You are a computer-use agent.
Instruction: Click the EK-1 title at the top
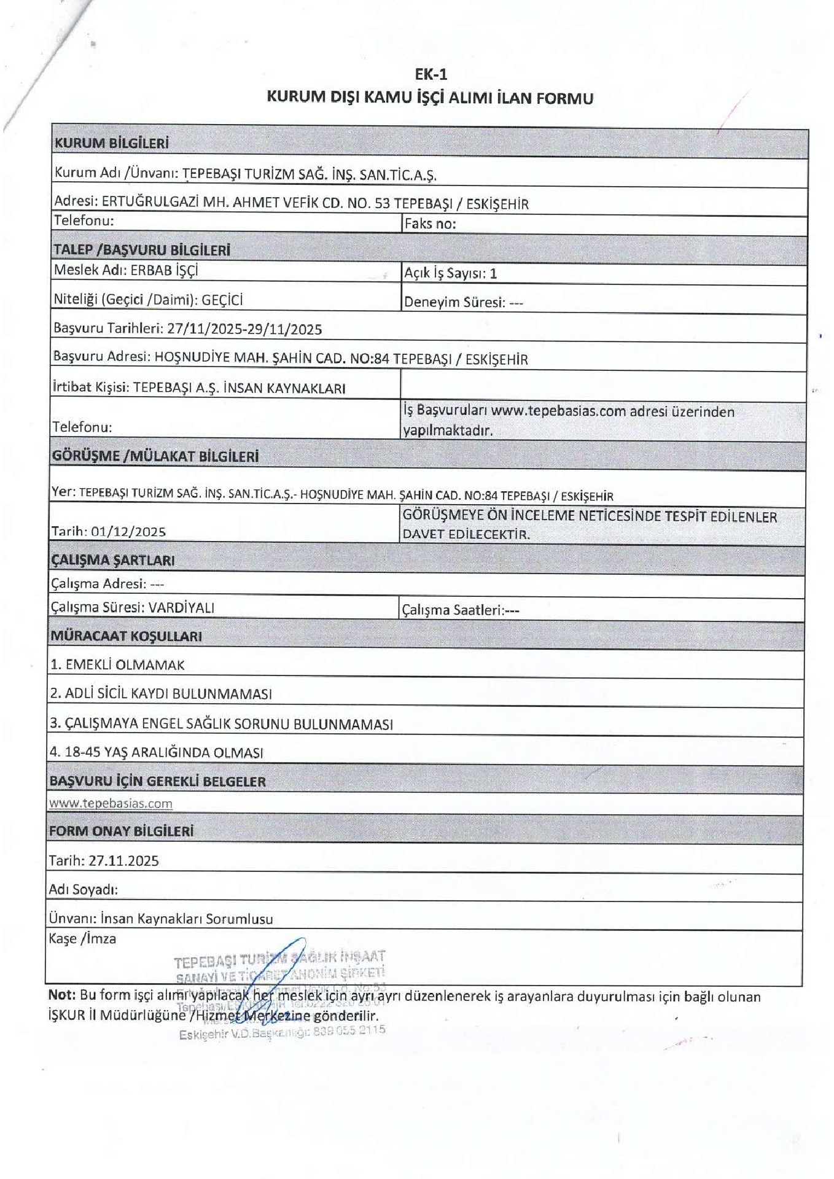[431, 74]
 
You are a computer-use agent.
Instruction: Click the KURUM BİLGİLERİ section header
[111, 144]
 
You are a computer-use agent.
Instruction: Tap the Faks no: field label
[430, 224]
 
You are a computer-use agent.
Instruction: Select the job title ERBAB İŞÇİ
[164, 270]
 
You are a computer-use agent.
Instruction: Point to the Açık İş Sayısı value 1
[493, 274]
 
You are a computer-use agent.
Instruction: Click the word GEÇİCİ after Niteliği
[222, 300]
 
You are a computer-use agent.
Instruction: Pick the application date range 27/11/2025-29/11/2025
[244, 329]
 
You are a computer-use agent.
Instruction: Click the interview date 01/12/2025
[128, 532]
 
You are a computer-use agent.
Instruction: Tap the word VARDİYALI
[181, 608]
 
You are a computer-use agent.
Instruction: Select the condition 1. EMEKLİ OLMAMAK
[117, 664]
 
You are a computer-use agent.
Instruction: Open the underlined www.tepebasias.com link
[111, 803]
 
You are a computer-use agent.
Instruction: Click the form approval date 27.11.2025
[123, 861]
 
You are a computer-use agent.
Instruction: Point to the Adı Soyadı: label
[83, 890]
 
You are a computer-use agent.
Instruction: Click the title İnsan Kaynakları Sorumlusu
[187, 919]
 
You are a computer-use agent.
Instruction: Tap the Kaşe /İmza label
[82, 939]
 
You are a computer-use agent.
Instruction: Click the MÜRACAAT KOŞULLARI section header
[126, 636]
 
